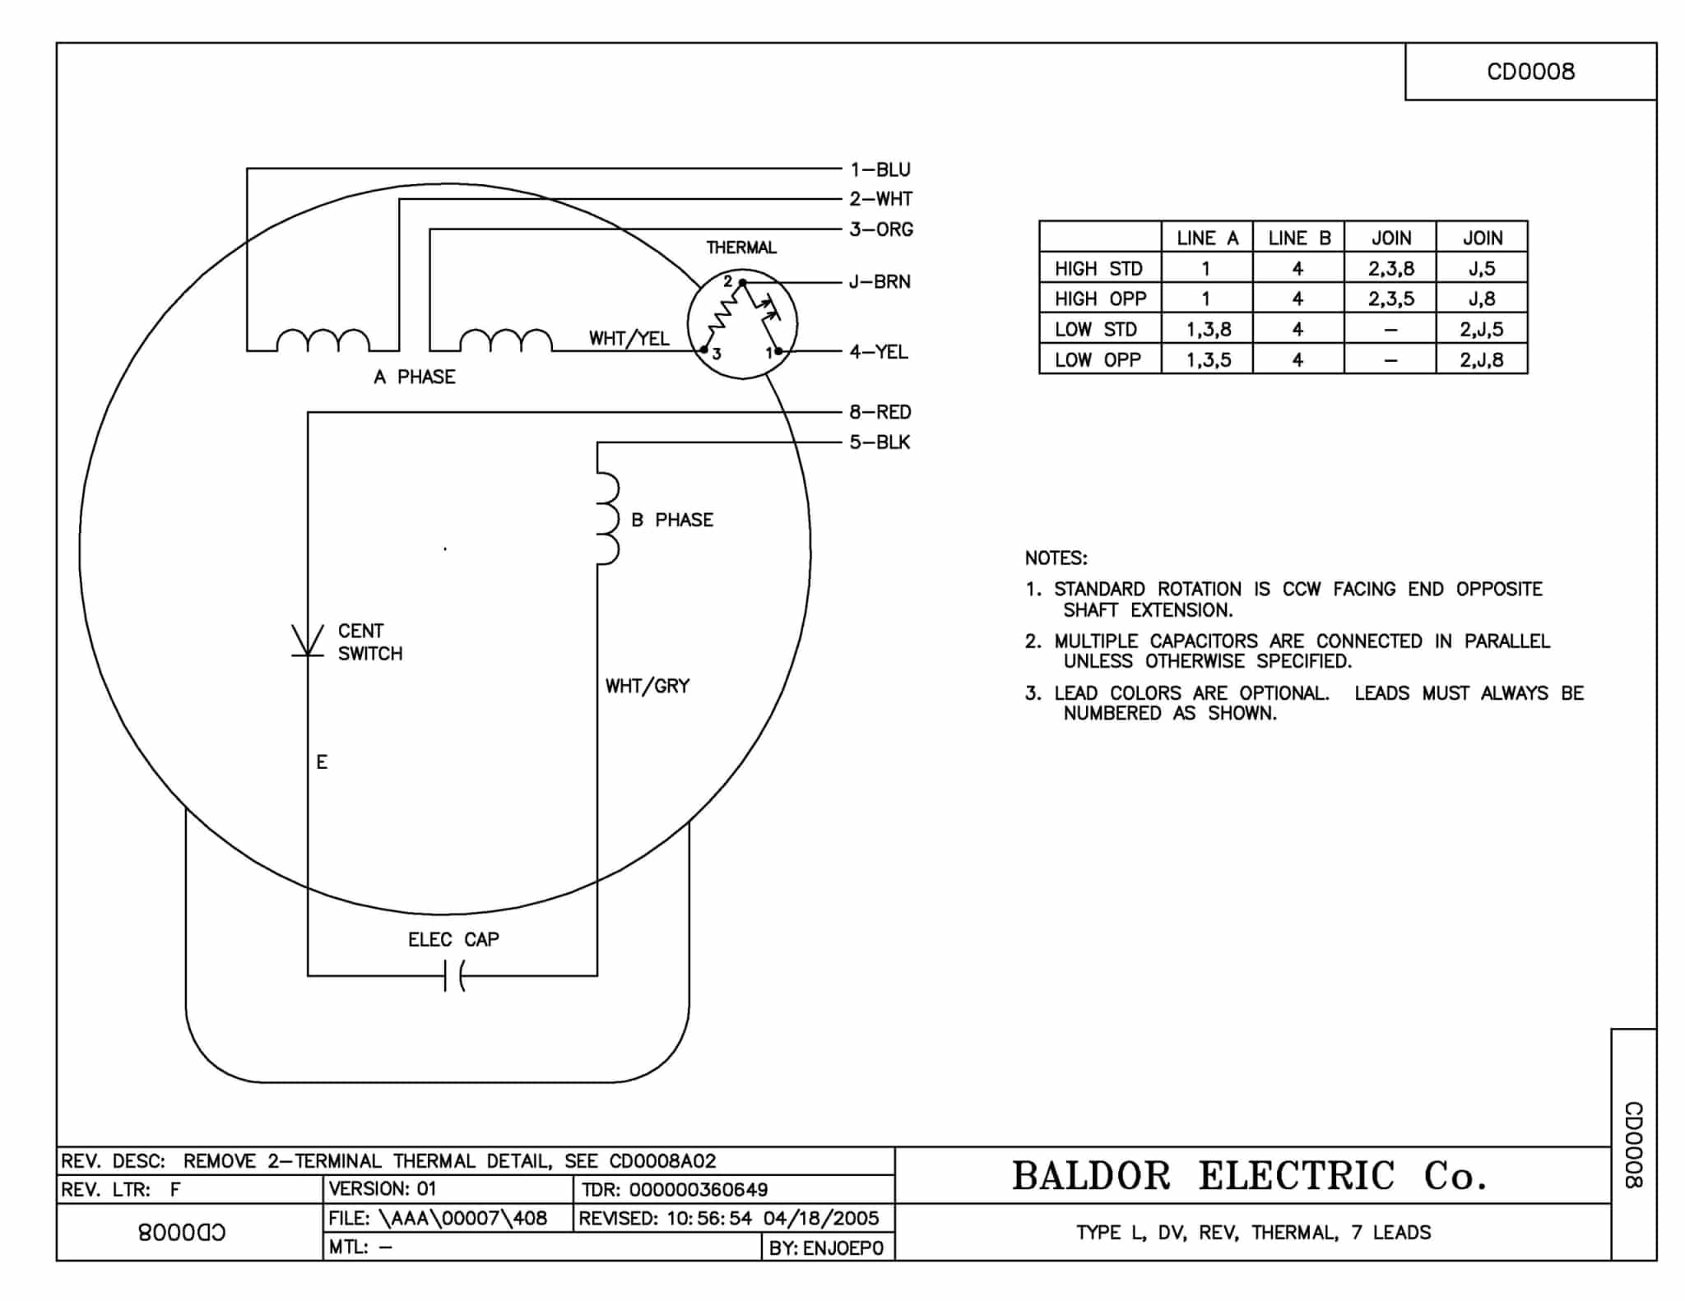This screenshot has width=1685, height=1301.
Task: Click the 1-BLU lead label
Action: coord(880,169)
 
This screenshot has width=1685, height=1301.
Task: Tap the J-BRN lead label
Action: coord(880,282)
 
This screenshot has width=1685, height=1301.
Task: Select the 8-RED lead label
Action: coord(880,412)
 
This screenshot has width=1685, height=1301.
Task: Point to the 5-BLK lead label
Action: coord(880,442)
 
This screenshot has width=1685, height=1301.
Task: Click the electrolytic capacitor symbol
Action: coord(454,976)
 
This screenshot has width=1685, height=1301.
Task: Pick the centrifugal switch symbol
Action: coord(308,641)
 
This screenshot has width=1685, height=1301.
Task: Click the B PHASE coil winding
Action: coord(607,519)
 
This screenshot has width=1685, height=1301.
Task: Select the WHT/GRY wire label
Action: coord(648,686)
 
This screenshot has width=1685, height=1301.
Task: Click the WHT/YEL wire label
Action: coord(629,339)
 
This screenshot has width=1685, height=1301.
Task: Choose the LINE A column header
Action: coord(1207,238)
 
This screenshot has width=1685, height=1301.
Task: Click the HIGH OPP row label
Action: coord(1100,299)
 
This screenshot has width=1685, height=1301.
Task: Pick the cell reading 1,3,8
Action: coord(1208,330)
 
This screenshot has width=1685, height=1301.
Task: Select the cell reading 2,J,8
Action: coord(1482,359)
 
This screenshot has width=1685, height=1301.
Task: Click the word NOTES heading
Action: coord(1056,558)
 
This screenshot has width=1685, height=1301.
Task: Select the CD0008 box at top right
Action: coord(1530,72)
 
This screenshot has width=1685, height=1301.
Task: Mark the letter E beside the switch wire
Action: coord(322,762)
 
